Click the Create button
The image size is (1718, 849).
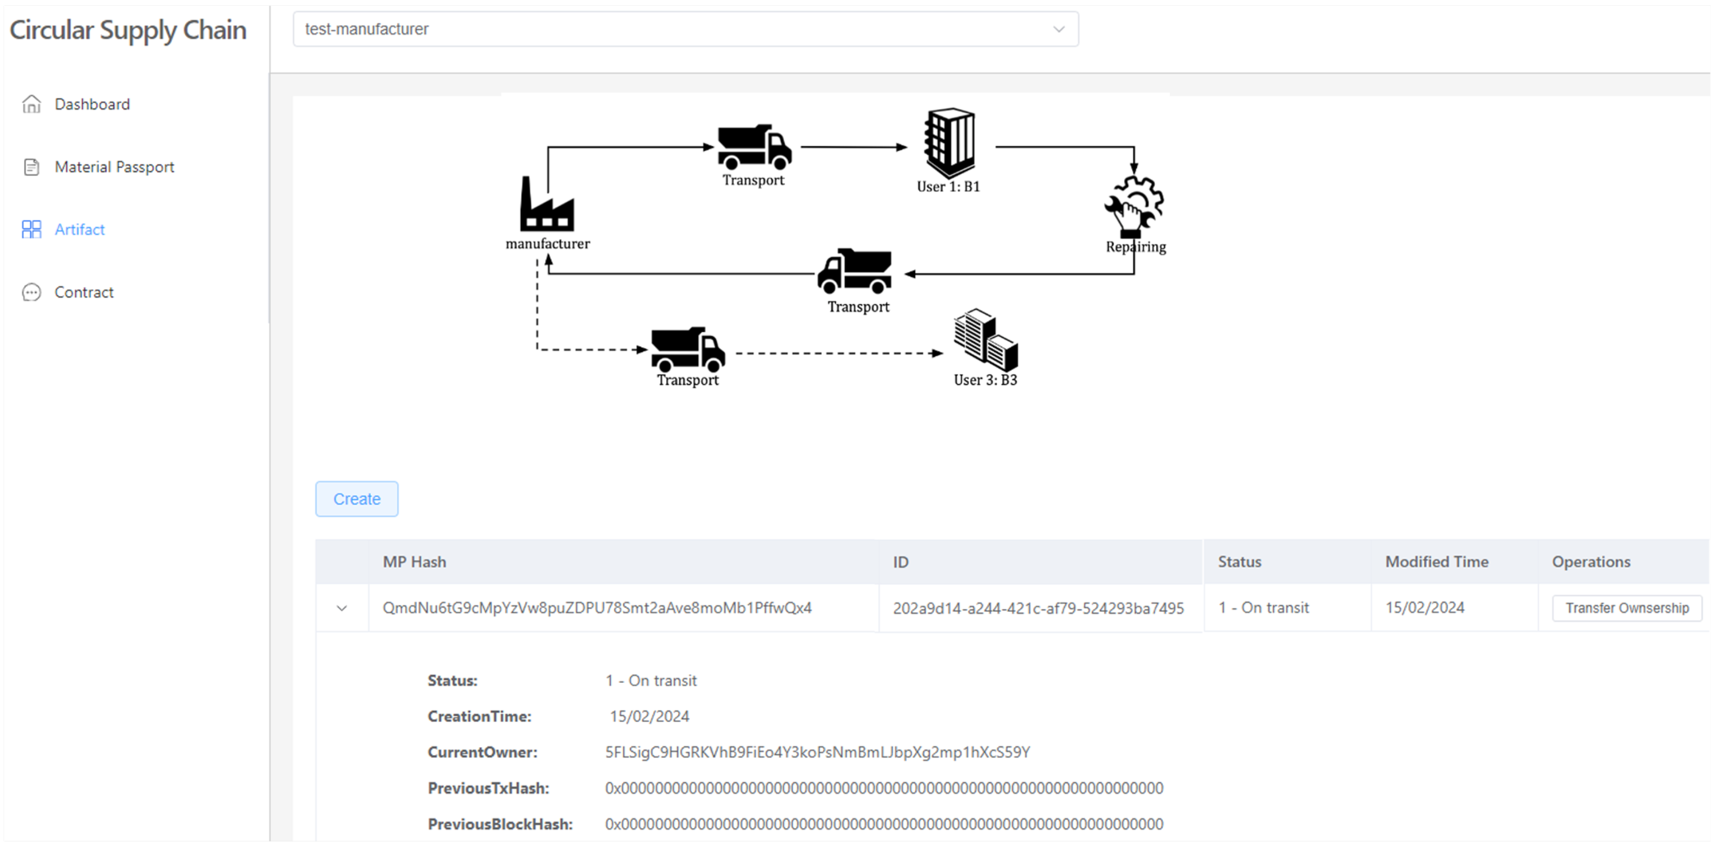(x=357, y=499)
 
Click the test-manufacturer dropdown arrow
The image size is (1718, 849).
(x=1058, y=29)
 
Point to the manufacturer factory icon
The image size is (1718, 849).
(x=547, y=204)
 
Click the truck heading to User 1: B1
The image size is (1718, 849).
(x=754, y=147)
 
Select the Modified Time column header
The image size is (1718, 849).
(x=1436, y=561)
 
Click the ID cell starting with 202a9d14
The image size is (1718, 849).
(x=1039, y=608)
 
